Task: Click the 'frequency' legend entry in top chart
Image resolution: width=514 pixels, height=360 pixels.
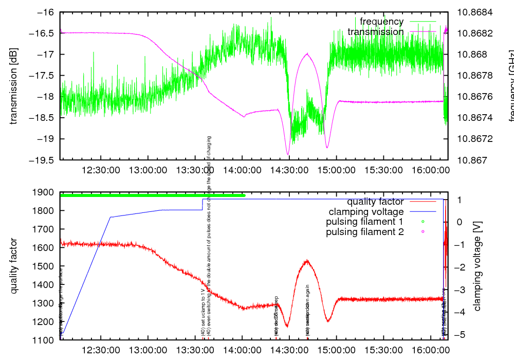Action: click(x=381, y=22)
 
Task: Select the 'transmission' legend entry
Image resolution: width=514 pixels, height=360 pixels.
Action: click(x=376, y=32)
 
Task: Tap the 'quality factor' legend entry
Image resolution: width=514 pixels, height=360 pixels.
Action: click(x=375, y=202)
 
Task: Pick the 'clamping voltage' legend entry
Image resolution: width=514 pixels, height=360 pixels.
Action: click(x=366, y=211)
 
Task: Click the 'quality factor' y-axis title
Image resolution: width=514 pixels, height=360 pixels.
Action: click(x=14, y=266)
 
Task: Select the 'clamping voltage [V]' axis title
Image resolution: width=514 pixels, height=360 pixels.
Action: click(x=478, y=266)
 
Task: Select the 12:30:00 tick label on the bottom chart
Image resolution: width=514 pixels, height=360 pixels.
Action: click(x=101, y=350)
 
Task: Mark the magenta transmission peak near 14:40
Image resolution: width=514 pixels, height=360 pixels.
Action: click(x=307, y=53)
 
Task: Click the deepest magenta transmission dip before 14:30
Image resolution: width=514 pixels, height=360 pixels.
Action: click(x=288, y=154)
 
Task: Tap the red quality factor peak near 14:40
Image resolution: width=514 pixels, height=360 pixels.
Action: click(x=307, y=261)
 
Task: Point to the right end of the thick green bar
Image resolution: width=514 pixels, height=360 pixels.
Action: click(x=244, y=195)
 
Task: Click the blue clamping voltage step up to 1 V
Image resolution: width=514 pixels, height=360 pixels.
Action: click(x=203, y=204)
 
